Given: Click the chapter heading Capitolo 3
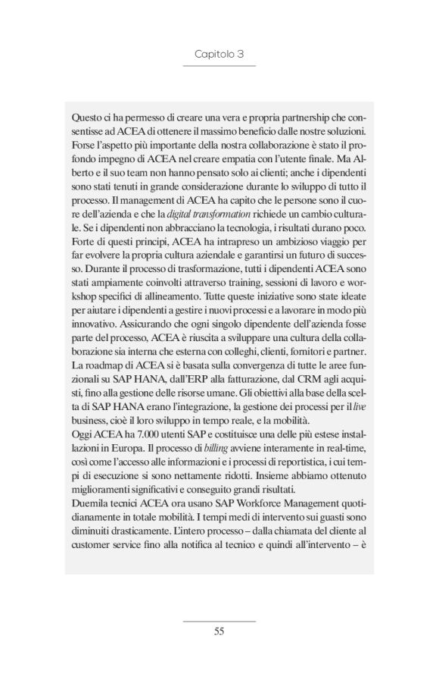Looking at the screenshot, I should (x=219, y=55).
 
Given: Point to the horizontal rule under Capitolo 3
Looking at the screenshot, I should (x=219, y=67).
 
